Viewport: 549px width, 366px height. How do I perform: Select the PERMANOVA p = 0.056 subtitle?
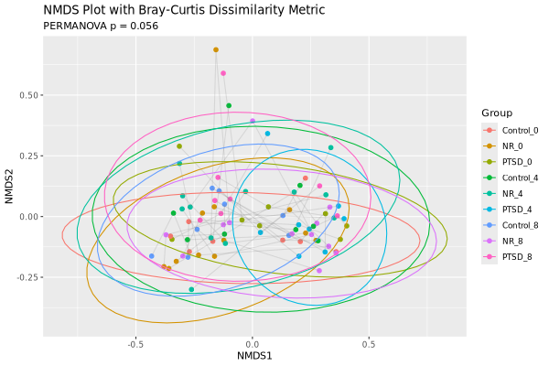(x=101, y=26)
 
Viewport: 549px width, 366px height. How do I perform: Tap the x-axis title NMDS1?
(x=253, y=354)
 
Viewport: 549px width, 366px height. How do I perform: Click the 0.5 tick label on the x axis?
(x=370, y=345)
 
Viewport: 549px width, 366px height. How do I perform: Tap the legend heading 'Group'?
(x=497, y=113)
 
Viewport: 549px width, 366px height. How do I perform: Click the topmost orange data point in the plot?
(x=216, y=49)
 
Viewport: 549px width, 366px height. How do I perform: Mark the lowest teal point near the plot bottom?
(x=191, y=289)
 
